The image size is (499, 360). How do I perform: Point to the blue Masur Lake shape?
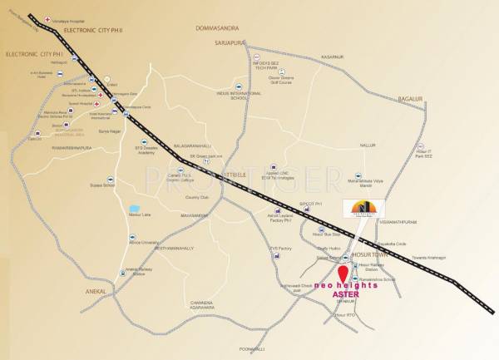(135, 209)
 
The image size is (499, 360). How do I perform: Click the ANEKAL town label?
(98, 291)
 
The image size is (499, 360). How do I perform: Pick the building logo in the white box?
(363, 209)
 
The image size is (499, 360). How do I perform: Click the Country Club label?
(197, 197)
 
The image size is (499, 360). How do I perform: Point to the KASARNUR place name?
(331, 57)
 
